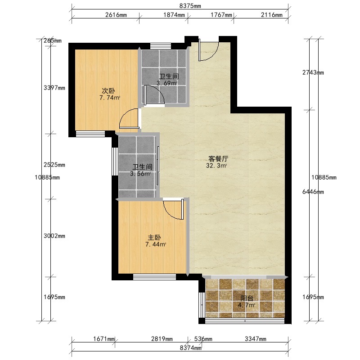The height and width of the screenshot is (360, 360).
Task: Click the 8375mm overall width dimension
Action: click(190, 6)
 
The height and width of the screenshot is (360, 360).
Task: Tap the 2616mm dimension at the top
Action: click(116, 15)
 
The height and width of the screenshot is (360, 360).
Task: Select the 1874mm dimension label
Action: click(174, 15)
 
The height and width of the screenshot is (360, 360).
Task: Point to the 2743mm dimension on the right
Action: click(313, 72)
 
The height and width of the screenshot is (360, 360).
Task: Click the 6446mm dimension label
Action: click(313, 192)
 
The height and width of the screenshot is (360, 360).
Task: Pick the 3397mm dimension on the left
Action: click(54, 88)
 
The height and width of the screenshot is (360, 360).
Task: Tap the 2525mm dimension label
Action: click(54, 165)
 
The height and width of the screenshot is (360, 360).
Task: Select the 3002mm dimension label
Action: click(54, 236)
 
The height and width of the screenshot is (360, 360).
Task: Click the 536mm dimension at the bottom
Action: click(203, 339)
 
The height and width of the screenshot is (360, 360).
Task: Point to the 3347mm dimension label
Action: click(256, 339)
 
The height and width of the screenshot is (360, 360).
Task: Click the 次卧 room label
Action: click(108, 91)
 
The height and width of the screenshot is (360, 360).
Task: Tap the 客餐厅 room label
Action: click(218, 159)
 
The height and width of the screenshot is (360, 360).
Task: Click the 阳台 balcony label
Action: click(247, 298)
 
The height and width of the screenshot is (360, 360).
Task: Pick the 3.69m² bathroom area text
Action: click(167, 83)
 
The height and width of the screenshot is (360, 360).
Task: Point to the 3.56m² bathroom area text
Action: click(140, 174)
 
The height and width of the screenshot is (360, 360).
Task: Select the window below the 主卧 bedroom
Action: click(154, 277)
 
